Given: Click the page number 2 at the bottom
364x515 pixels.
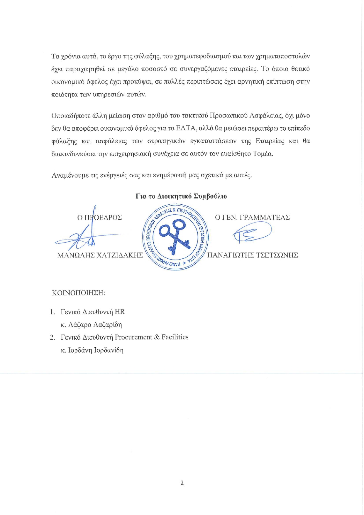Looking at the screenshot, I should click(182, 483).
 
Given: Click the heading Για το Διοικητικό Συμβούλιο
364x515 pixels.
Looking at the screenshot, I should click(181, 196).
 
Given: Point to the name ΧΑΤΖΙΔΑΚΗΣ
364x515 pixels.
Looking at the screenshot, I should click(120, 255).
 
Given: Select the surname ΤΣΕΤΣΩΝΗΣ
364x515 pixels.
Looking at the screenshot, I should click(277, 255).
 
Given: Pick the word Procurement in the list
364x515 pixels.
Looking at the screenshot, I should click(133, 337).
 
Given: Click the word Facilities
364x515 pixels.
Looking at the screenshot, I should click(175, 337).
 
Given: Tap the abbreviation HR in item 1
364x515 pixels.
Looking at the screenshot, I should click(120, 312).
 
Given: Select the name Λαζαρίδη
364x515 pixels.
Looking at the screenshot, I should click(107, 325).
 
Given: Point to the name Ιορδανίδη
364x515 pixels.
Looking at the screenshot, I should click(109, 350).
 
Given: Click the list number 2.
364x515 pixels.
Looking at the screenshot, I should click(52, 337).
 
